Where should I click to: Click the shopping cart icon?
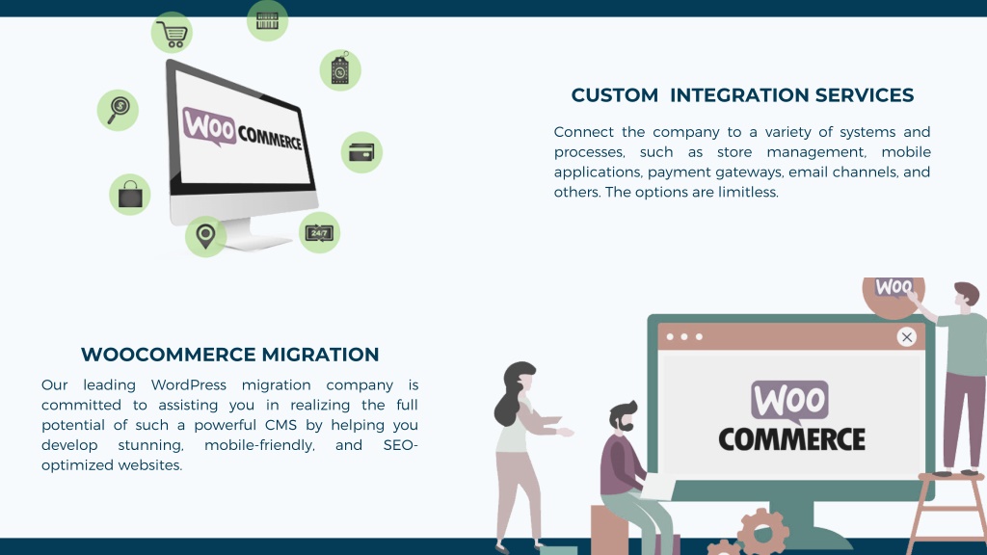point(172,33)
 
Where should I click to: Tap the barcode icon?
point(268,21)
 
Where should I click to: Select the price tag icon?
point(340,69)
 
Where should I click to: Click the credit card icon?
point(361,152)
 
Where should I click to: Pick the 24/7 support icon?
point(319,233)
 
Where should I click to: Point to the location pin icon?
point(205,237)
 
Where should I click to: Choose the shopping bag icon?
point(130,195)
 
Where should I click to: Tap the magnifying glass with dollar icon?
point(118,110)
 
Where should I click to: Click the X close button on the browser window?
point(906,337)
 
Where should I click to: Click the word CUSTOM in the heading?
point(614,95)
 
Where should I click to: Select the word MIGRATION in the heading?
point(320,355)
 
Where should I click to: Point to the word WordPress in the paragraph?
point(188,384)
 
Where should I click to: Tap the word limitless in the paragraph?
point(748,192)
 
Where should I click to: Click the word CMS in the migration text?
point(280,425)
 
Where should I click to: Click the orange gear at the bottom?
point(763,532)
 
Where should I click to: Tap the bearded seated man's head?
point(624,417)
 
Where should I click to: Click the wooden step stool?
point(948,511)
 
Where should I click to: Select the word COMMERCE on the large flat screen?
point(791,439)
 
